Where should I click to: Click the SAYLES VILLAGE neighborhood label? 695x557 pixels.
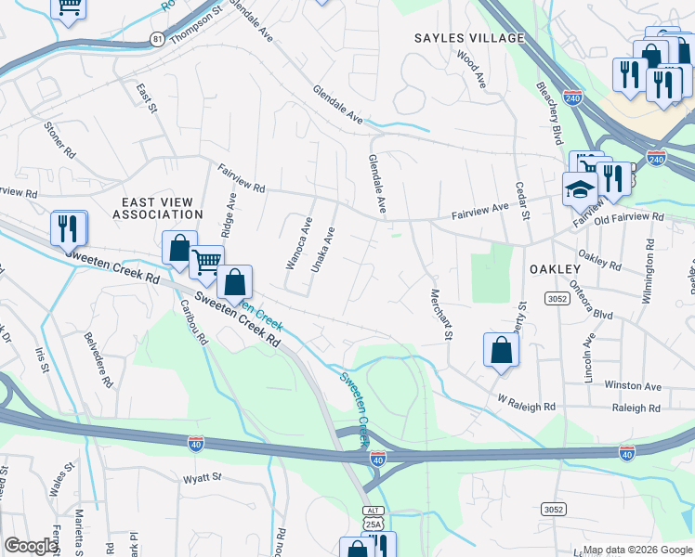[469, 38]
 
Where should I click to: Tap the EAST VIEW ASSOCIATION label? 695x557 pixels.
[158, 208]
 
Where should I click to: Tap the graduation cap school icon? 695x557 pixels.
[579, 188]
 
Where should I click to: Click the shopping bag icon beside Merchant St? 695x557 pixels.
[501, 351]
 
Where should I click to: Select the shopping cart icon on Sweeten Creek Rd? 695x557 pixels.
[206, 261]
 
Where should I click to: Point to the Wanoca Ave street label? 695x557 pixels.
[297, 243]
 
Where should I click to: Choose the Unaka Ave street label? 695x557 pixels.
[321, 248]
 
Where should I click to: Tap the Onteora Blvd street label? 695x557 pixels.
[591, 299]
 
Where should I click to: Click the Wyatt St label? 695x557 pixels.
[203, 478]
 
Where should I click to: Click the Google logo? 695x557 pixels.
[31, 546]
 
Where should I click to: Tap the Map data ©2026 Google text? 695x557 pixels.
[636, 550]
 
